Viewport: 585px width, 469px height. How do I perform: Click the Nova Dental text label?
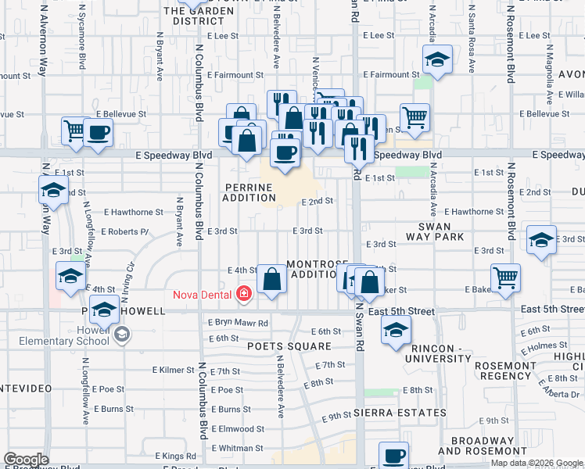202,294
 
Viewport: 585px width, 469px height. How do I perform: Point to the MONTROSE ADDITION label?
314,269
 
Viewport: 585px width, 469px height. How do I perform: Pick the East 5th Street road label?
401,311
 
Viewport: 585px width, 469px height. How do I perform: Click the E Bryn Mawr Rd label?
238,323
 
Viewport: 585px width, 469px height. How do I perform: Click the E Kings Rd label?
174,456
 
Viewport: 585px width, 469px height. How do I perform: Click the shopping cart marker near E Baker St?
506,277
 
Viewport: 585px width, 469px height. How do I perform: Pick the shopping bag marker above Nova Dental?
271,278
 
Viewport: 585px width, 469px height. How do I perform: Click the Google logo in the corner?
26,460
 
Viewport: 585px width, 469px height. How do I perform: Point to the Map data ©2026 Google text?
536,463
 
